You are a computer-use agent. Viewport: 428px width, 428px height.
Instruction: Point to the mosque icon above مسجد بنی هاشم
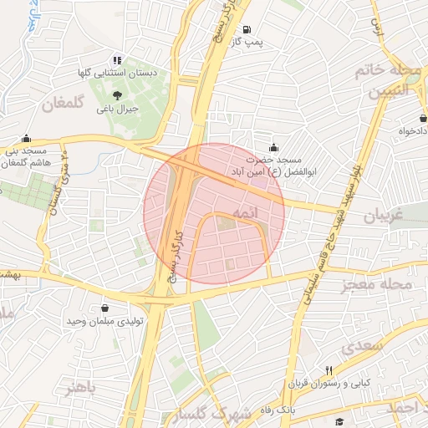click(27, 139)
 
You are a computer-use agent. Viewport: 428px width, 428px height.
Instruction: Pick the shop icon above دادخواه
click(423, 120)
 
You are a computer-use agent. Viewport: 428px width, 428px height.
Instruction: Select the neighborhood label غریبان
click(384, 216)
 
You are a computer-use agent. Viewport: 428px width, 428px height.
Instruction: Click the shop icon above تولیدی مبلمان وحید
click(105, 308)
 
